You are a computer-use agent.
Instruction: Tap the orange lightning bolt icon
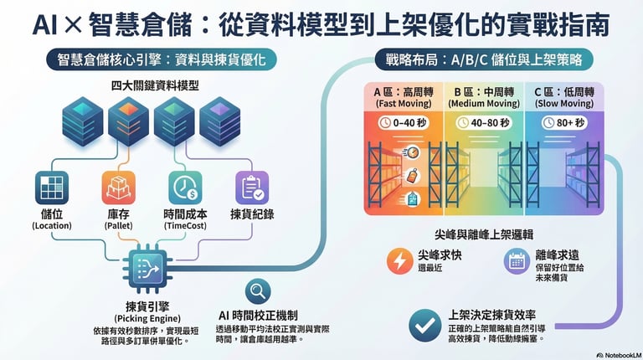point(399,260)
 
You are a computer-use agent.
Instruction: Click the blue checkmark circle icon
point(424,323)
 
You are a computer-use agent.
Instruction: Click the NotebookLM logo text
point(619,354)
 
